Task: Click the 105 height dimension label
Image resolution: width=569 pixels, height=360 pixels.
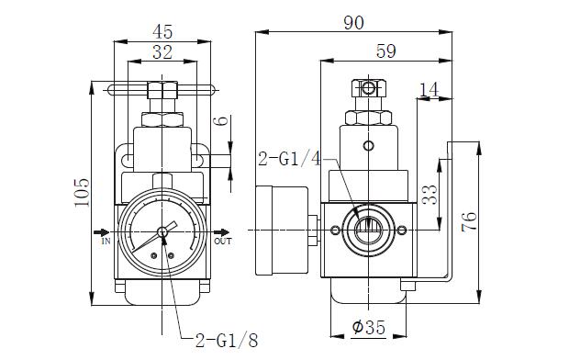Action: pyautogui.click(x=82, y=193)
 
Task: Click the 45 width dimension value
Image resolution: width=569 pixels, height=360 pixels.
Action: pyautogui.click(x=162, y=32)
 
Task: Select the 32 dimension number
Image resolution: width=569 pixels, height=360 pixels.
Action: pyautogui.click(x=162, y=52)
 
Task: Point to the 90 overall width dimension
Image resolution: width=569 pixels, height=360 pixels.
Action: pyautogui.click(x=353, y=23)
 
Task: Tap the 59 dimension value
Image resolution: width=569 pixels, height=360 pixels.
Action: pyautogui.click(x=385, y=51)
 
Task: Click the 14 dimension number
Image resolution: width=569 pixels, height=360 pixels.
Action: pyautogui.click(x=430, y=89)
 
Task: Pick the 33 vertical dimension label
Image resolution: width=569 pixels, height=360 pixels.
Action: pyautogui.click(x=430, y=195)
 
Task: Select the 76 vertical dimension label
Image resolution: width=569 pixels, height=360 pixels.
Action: pyautogui.click(x=469, y=221)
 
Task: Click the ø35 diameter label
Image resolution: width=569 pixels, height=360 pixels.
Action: pyautogui.click(x=368, y=327)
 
